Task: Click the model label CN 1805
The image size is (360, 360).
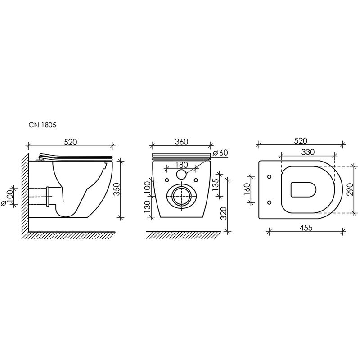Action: (42, 125)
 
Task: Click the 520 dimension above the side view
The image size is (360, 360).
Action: (71, 142)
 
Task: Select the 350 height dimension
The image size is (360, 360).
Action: (117, 189)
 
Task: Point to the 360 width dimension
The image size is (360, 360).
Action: (181, 142)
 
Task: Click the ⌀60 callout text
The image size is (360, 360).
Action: (220, 153)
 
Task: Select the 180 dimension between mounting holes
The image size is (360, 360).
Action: (181, 165)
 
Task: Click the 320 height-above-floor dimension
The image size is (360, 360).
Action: (223, 213)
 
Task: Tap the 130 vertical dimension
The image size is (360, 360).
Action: (148, 207)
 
